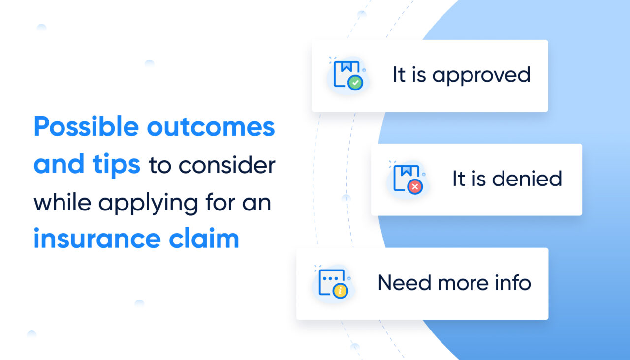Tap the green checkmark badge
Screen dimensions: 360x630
(x=355, y=83)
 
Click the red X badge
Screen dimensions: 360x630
(x=415, y=187)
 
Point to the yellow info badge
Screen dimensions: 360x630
(x=340, y=291)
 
